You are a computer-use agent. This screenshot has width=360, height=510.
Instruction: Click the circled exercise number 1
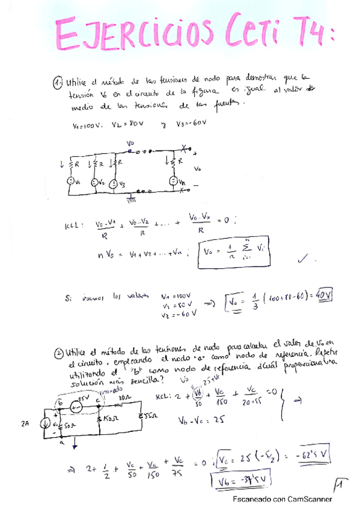click(58, 81)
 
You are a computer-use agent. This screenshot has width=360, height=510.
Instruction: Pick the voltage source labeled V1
click(70, 181)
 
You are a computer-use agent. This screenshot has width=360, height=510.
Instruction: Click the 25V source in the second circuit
click(76, 406)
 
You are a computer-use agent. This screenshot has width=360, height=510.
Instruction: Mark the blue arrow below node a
click(75, 446)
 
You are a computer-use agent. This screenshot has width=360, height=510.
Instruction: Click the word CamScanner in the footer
click(311, 499)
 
